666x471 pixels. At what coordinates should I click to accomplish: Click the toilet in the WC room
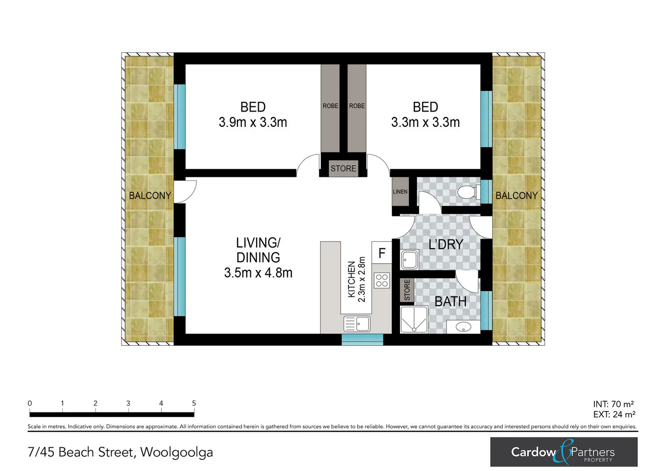[x=468, y=192]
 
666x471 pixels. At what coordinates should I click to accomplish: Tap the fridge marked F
[x=382, y=253]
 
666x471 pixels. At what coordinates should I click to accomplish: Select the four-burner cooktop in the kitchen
[x=382, y=280]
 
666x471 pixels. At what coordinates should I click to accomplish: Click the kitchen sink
[x=357, y=324]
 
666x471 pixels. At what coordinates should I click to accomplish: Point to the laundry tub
[x=410, y=260]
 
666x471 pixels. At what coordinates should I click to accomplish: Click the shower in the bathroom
[x=414, y=320]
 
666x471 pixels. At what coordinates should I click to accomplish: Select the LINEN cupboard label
[x=400, y=191]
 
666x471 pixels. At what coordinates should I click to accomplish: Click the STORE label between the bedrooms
[x=343, y=168]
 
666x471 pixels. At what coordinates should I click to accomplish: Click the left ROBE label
[x=330, y=106]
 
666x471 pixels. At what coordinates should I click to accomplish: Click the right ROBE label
[x=357, y=106]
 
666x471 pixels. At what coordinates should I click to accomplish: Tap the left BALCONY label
[x=150, y=195]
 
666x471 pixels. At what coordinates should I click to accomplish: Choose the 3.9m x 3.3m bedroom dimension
[x=253, y=123]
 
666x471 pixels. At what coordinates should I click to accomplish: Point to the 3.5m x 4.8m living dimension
[x=258, y=273]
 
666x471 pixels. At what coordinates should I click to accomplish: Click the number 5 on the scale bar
[x=194, y=403]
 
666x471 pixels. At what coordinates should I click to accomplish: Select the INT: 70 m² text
[x=613, y=404]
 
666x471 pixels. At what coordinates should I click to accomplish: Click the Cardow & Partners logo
[x=564, y=452]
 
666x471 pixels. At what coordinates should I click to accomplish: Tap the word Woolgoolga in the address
[x=176, y=452]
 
